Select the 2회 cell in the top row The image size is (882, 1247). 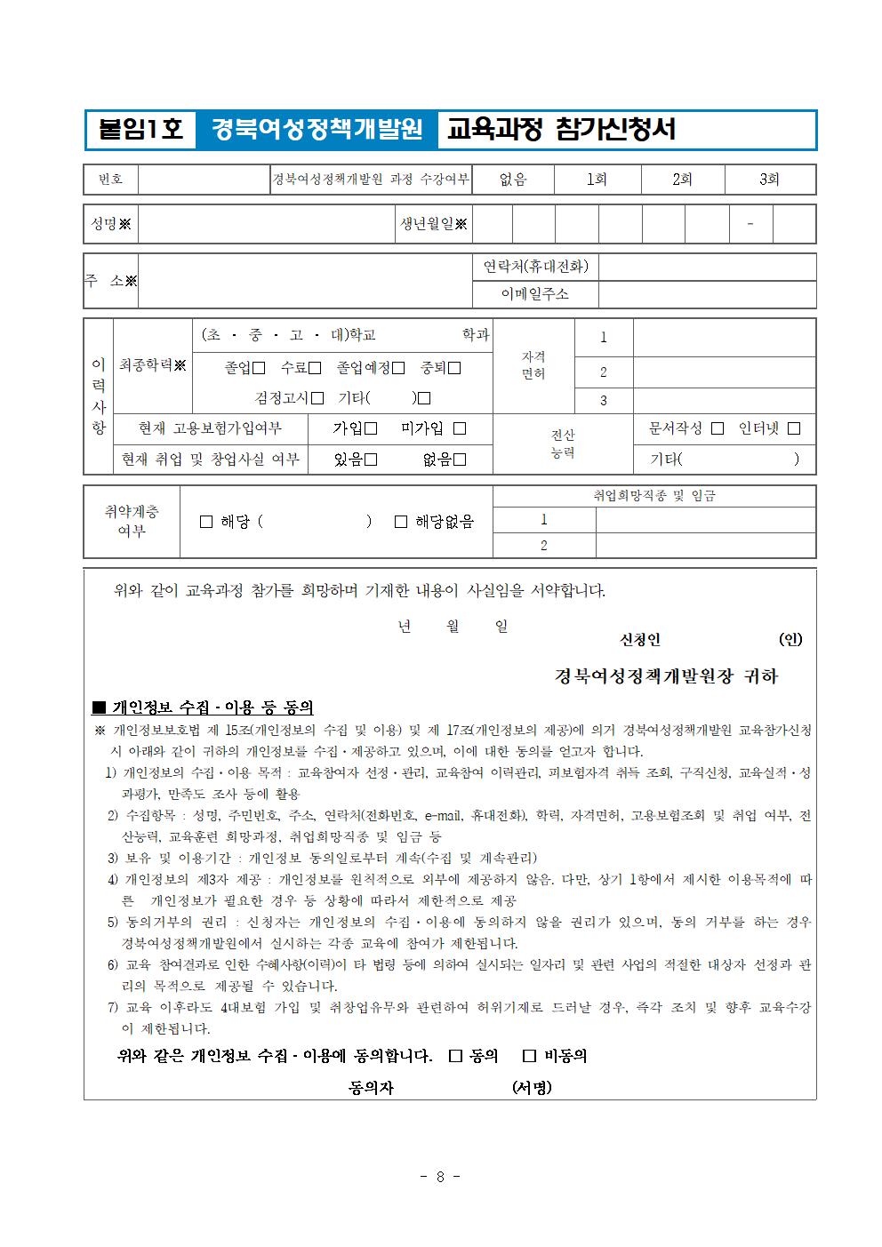pyautogui.click(x=682, y=180)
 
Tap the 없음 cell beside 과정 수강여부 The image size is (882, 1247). pyautogui.click(x=513, y=180)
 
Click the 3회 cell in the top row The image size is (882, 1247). pyautogui.click(x=769, y=180)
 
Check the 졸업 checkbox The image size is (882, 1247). pyautogui.click(x=259, y=368)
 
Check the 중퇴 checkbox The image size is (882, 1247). pyautogui.click(x=454, y=368)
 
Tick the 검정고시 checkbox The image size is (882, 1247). pyautogui.click(x=317, y=398)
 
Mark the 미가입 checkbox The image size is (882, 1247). pyautogui.click(x=460, y=428)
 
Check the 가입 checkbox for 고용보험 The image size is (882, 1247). pyautogui.click(x=371, y=428)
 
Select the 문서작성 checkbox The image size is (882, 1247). pyautogui.click(x=718, y=428)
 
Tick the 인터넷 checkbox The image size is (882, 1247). pyautogui.click(x=794, y=428)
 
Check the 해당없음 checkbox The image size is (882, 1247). pyautogui.click(x=401, y=522)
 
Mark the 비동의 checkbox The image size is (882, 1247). pyautogui.click(x=530, y=1056)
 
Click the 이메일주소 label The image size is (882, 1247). pyautogui.click(x=534, y=294)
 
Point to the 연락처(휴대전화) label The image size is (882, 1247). pyautogui.click(x=535, y=267)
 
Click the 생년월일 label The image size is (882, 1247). pyautogui.click(x=433, y=224)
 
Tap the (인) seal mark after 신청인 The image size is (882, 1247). pyautogui.click(x=790, y=640)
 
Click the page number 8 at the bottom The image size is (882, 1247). pyautogui.click(x=440, y=1177)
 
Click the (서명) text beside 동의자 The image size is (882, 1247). pyautogui.click(x=532, y=1087)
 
